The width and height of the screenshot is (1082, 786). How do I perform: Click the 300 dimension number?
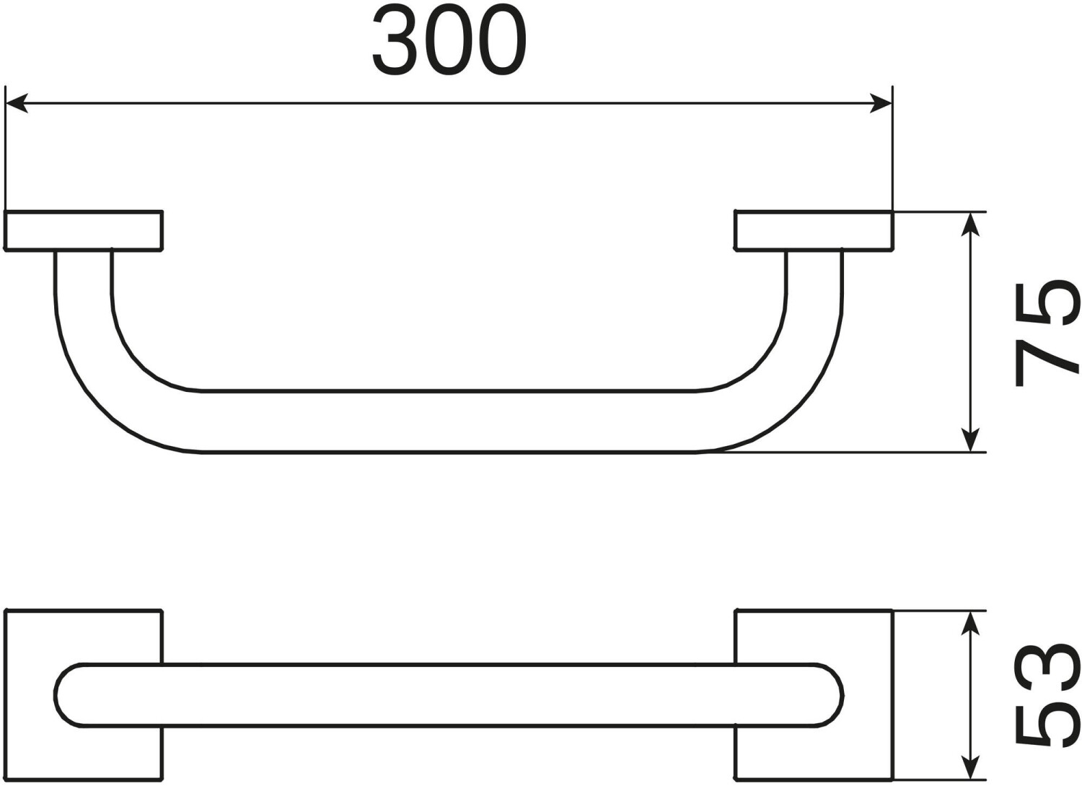coord(449,40)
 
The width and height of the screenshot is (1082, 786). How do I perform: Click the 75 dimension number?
coord(1047,333)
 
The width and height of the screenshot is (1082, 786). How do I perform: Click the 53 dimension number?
coord(1047,694)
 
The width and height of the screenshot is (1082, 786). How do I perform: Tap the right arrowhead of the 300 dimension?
coord(880,104)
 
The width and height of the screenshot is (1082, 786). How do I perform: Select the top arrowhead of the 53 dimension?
coord(971,623)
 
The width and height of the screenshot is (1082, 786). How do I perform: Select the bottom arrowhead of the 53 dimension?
coord(971,767)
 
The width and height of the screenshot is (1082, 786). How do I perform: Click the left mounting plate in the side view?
coord(84,231)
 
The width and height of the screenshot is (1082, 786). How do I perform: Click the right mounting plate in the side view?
coord(814,231)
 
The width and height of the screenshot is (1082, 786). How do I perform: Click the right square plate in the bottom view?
coord(866,635)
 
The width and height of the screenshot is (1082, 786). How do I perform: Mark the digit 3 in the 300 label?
coord(394,40)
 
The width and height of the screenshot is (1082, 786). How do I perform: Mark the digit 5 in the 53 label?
coord(1047,725)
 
